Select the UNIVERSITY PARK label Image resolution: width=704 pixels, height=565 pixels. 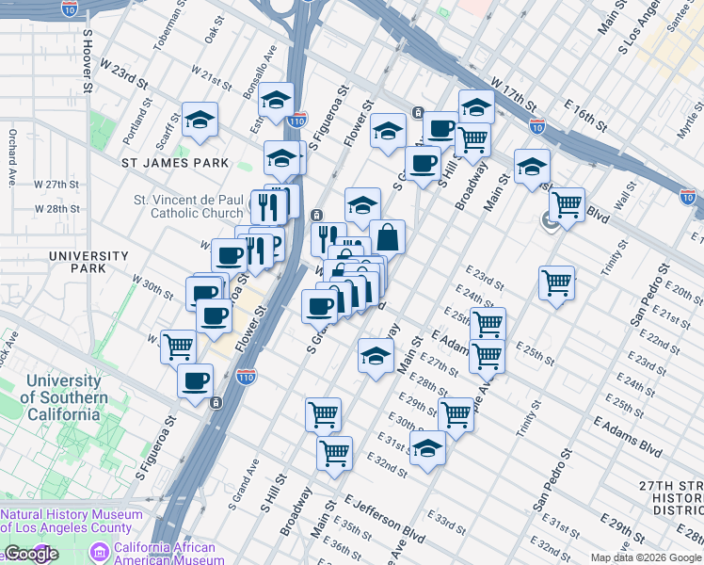click(88, 262)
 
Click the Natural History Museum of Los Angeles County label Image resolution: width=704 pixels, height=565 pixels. click(72, 521)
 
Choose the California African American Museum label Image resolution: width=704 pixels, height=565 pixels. click(166, 554)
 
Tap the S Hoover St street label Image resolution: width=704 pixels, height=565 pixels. click(87, 60)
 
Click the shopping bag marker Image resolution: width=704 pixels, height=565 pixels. click(387, 236)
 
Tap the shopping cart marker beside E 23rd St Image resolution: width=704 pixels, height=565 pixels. click(557, 282)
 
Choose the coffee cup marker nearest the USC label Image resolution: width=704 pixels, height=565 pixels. click(195, 381)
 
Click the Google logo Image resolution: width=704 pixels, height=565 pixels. click(31, 555)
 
